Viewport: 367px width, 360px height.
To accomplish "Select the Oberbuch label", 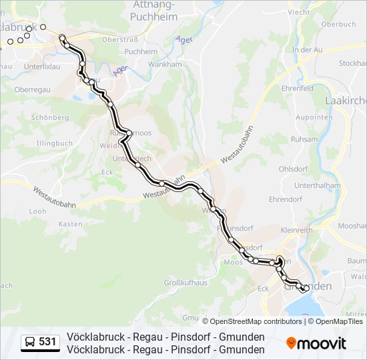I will click(338, 24).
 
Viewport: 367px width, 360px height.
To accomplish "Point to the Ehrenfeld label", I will click(298, 88).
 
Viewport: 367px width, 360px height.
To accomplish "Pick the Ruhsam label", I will click(304, 139).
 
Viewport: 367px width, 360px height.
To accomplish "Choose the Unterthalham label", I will click(318, 185).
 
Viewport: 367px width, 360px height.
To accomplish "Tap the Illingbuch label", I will click(54, 143).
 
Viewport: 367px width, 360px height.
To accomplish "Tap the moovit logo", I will click(316, 343).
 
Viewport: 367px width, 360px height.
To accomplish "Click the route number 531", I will click(47, 342).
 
